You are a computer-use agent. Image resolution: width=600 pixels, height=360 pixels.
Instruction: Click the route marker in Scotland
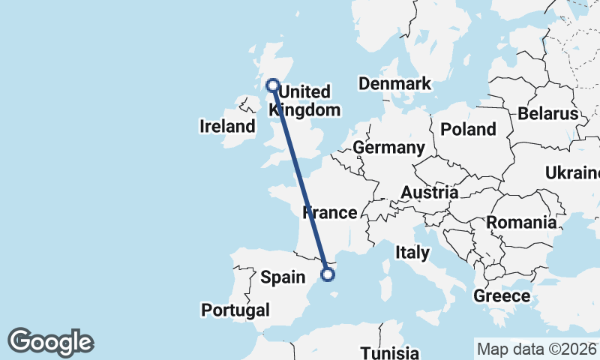pyautogui.click(x=272, y=85)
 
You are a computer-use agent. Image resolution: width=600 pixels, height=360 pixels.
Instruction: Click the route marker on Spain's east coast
pyautogui.click(x=327, y=274)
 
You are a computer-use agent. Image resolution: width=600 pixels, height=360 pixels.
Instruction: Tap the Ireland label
pyautogui.click(x=227, y=126)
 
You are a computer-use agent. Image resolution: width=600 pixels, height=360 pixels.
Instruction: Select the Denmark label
pyautogui.click(x=394, y=83)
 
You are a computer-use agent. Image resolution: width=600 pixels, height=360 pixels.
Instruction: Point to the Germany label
pyautogui.click(x=389, y=148)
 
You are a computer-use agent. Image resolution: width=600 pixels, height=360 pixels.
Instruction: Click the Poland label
pyautogui.click(x=468, y=129)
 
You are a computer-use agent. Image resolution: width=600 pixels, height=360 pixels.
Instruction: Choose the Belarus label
pyautogui.click(x=547, y=114)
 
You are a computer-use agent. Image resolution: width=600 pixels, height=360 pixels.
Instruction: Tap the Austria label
pyautogui.click(x=429, y=193)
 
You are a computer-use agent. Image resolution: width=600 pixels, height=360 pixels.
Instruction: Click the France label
pyautogui.click(x=330, y=213)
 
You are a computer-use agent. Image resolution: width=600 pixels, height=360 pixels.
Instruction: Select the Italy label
pyautogui.click(x=412, y=253)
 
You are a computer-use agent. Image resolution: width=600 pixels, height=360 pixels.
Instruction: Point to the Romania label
pyautogui.click(x=521, y=223)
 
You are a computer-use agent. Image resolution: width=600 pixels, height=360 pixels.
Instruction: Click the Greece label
pyautogui.click(x=502, y=296)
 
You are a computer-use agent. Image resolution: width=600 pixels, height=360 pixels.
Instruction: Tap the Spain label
pyautogui.click(x=282, y=277)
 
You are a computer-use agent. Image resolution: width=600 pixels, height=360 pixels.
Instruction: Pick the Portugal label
pyautogui.click(x=235, y=310)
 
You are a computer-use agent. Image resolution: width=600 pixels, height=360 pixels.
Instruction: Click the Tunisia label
pyautogui.click(x=389, y=352)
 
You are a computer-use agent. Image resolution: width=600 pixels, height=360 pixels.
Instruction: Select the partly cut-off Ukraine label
pyautogui.click(x=573, y=173)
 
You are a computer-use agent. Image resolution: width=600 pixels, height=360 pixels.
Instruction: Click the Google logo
pyautogui.click(x=50, y=342)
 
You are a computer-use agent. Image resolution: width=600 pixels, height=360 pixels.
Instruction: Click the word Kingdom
pyautogui.click(x=305, y=110)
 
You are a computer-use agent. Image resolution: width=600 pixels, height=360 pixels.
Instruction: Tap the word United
pyautogui.click(x=304, y=92)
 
